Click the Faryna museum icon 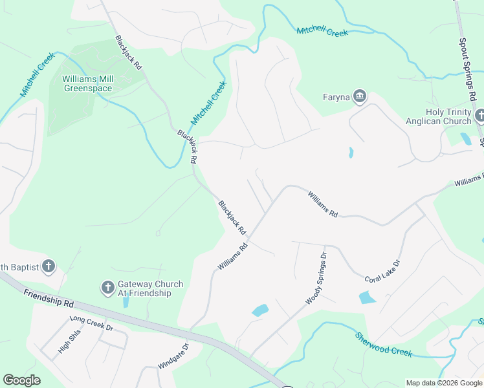(x=360, y=98)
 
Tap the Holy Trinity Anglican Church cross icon (x=479, y=116)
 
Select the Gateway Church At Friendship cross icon (x=108, y=286)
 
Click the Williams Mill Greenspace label (x=87, y=83)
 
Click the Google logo (x=21, y=380)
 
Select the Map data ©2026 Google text (x=444, y=383)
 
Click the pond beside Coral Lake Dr (x=367, y=297)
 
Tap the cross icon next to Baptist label (x=48, y=266)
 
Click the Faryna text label (x=336, y=98)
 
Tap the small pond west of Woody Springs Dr (x=259, y=310)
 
